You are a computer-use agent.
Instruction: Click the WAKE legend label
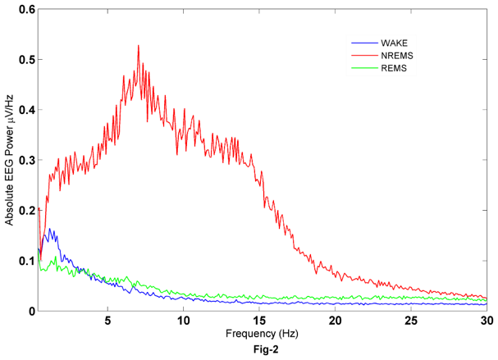coord(392,43)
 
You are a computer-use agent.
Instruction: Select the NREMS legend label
coord(395,55)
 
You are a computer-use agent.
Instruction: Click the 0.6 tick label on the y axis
coord(26,10)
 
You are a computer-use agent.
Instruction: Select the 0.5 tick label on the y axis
coord(26,60)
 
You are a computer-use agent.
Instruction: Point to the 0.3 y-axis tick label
coord(26,160)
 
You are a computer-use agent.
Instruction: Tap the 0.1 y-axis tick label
coord(26,261)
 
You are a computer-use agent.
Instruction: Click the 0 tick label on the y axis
coord(31,311)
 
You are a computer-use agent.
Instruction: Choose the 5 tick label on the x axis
coord(107,321)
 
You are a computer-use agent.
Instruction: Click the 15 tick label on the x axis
coord(259,321)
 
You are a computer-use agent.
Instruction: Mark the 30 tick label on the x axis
coord(487,321)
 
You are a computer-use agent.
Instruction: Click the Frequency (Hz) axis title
coord(263,335)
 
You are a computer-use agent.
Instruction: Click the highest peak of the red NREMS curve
coord(138,46)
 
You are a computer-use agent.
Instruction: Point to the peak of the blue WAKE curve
coord(49,230)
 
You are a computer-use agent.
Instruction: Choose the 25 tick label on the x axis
coord(411,321)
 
